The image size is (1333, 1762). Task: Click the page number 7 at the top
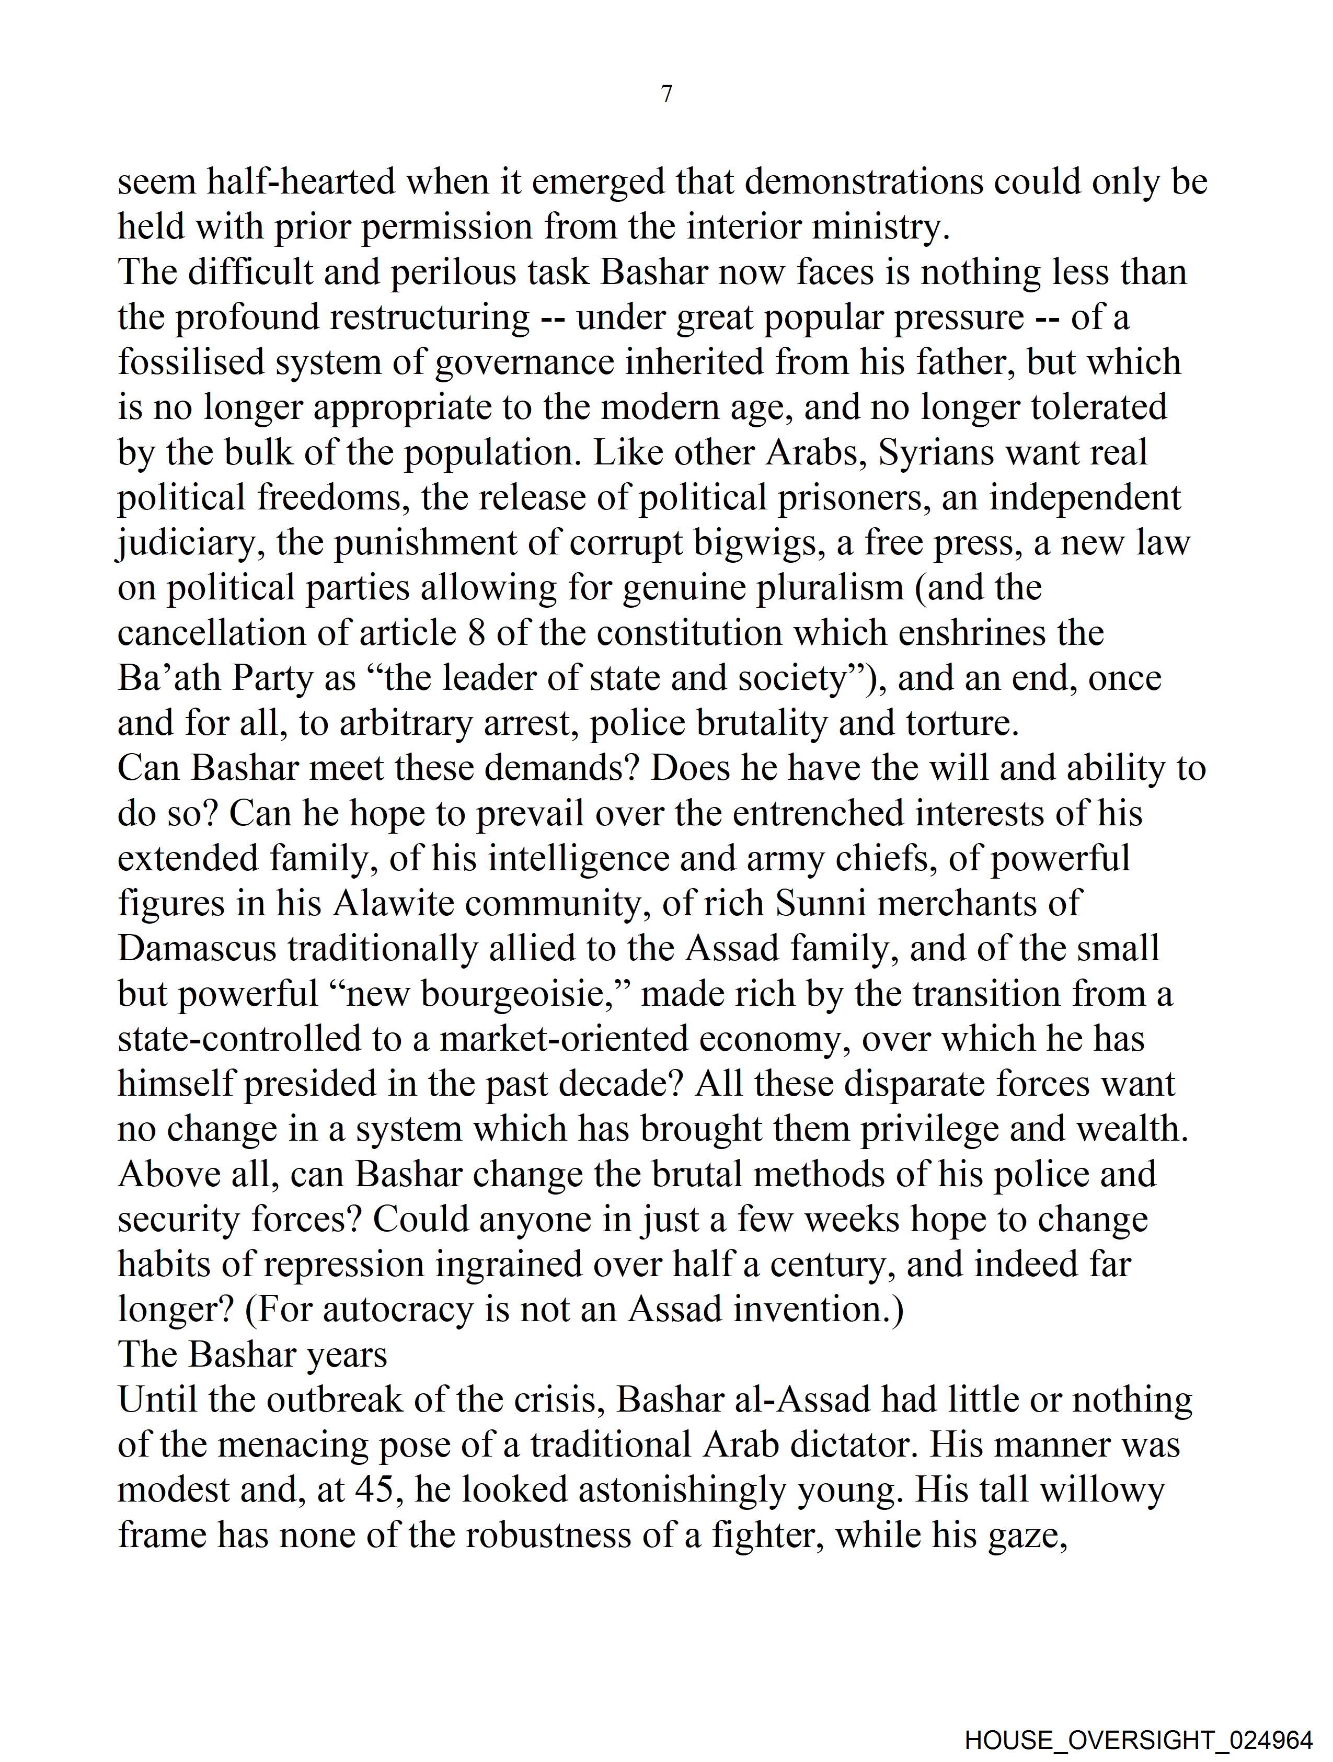pos(666,94)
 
